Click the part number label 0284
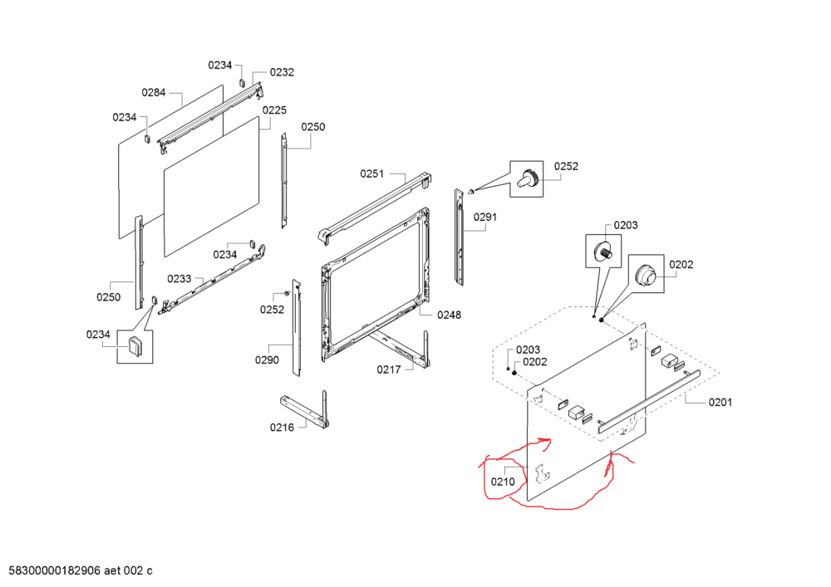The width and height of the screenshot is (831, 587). pos(154,93)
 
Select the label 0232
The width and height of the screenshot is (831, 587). pos(282,72)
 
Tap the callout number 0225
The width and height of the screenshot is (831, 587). pos(274,110)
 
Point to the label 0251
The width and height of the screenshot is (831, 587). pos(372,174)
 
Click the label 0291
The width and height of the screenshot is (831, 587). pos(485,217)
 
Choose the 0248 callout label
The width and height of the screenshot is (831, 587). pos(449,315)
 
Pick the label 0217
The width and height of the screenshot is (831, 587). pos(389,369)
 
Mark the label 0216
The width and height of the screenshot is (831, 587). pos(282,427)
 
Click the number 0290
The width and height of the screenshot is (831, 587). pos(267,360)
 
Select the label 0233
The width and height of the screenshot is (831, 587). pos(179,279)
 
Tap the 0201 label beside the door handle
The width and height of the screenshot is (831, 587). pos(720,403)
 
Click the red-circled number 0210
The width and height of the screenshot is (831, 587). pos(503,482)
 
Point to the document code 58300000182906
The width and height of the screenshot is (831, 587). pos(55,570)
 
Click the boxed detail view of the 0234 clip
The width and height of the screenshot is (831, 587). pos(135,347)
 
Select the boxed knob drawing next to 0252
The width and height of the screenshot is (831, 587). pos(526,179)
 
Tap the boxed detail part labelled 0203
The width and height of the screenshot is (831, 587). pos(603,252)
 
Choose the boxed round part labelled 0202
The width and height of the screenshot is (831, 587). pos(646,274)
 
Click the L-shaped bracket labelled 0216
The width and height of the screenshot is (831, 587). pos(305,410)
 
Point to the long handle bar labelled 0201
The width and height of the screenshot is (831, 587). pos(649,402)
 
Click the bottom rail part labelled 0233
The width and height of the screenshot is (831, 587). pos(212,280)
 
